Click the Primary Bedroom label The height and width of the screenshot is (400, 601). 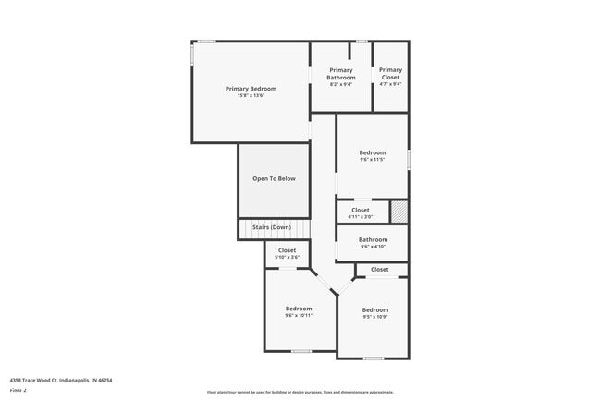point(251,89)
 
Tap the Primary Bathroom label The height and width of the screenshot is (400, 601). point(340,74)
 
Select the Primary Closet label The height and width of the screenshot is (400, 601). point(390,74)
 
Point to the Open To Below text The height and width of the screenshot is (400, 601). point(274,178)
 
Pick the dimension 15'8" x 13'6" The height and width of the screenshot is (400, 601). point(251,95)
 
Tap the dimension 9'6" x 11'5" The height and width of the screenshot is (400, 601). point(372,159)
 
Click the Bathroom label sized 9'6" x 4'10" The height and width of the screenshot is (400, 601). point(372,239)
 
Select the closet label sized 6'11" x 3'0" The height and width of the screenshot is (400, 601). point(360,210)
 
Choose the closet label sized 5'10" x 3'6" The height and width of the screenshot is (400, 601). point(287,250)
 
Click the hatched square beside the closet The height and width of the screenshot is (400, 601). point(399,212)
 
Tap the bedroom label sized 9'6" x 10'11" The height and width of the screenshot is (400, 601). point(299,309)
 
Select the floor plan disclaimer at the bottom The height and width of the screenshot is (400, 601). point(300,392)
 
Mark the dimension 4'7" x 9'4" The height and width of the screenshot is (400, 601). point(390,84)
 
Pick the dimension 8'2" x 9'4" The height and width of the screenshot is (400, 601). point(340,84)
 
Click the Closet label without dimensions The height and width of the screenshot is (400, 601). point(379,269)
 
